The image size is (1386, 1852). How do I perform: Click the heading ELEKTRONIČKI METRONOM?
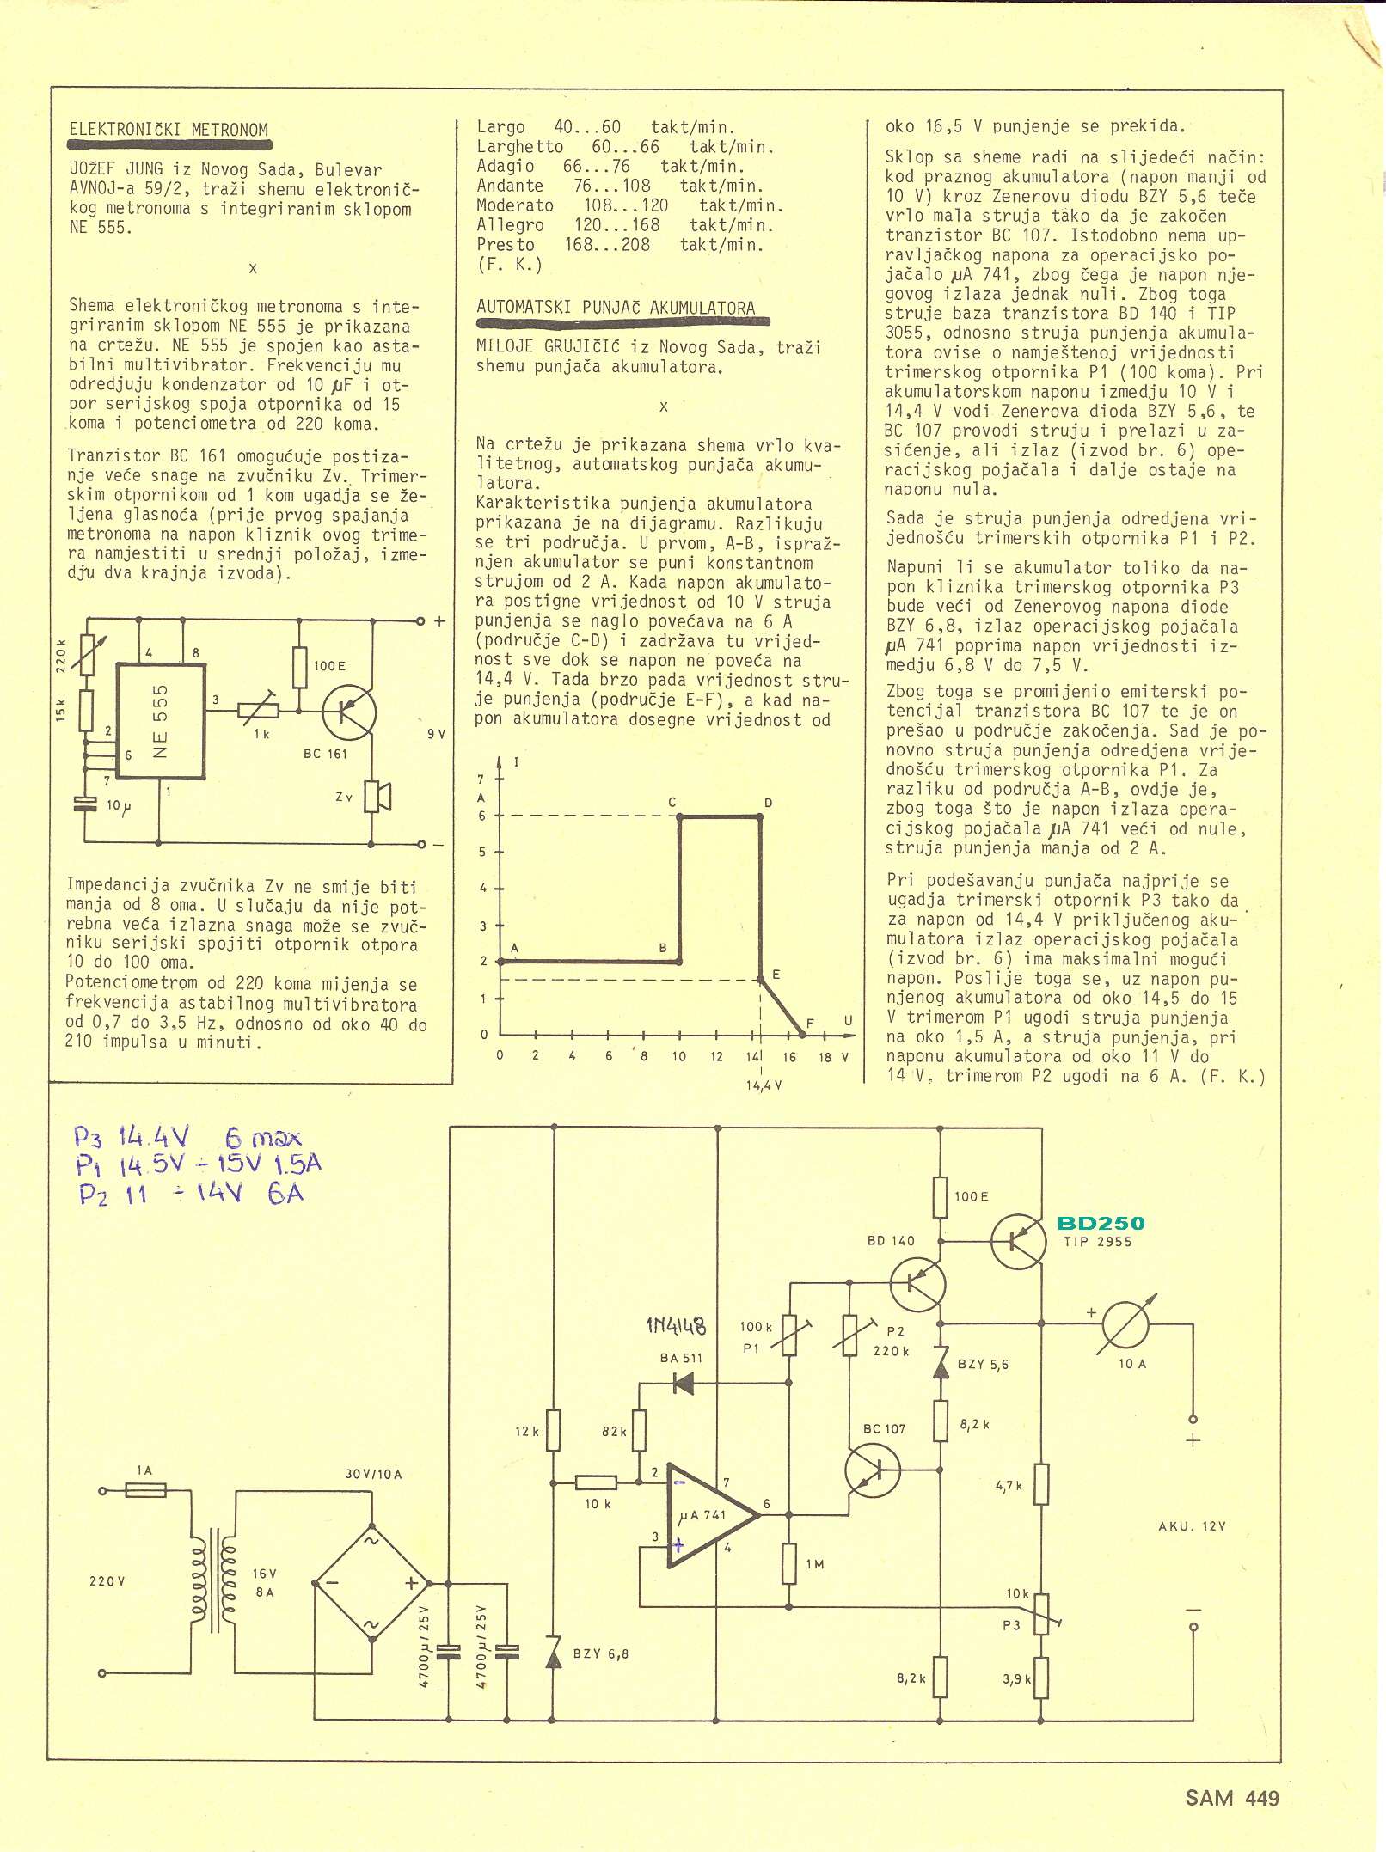click(x=169, y=130)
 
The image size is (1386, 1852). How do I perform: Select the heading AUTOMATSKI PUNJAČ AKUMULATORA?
click(x=616, y=308)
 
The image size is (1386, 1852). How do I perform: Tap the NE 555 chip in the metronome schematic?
click(x=160, y=720)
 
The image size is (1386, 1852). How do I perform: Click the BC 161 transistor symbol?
click(x=349, y=712)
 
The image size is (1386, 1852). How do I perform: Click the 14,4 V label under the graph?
click(x=764, y=1085)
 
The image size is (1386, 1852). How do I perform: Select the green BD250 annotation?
click(x=1101, y=1223)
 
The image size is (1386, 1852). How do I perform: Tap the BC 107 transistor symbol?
click(x=873, y=1470)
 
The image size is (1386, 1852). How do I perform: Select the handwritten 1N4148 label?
click(x=676, y=1326)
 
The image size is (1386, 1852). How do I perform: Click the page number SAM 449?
click(x=1231, y=1798)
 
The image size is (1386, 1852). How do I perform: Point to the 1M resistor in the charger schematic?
click(x=789, y=1563)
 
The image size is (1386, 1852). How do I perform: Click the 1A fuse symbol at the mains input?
click(x=146, y=1491)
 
